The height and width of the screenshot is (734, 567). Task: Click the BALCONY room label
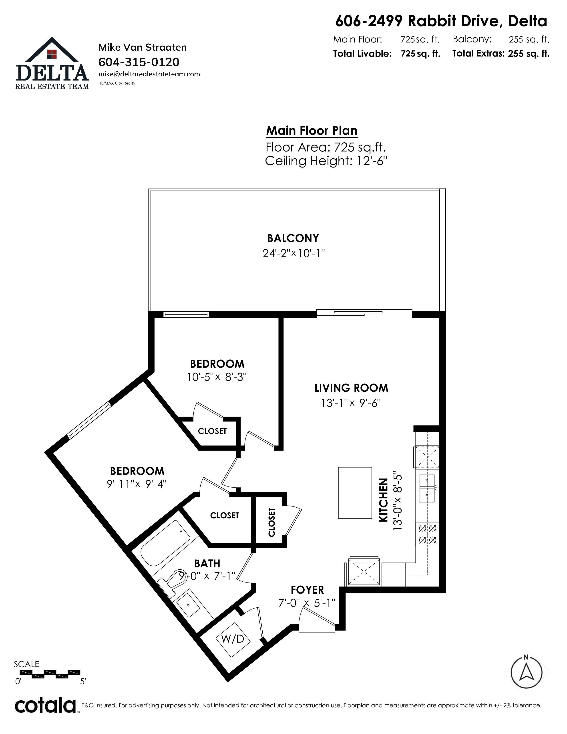pyautogui.click(x=293, y=238)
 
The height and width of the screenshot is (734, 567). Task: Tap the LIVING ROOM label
pyautogui.click(x=351, y=388)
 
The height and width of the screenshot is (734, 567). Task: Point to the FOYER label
pyautogui.click(x=307, y=590)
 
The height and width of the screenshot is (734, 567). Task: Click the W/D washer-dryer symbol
pyautogui.click(x=232, y=639)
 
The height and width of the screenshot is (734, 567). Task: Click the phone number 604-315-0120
pyautogui.click(x=139, y=62)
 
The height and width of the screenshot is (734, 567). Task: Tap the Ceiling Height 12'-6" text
pyautogui.click(x=326, y=161)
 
